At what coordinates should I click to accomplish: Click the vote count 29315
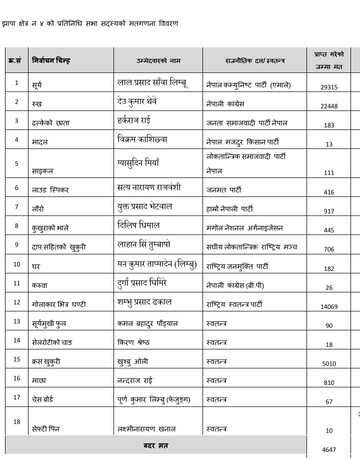[x=328, y=87]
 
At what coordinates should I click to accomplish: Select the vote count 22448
[x=328, y=106]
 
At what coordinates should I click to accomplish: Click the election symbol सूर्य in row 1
[x=36, y=85]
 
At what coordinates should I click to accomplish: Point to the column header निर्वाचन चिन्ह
[x=51, y=60]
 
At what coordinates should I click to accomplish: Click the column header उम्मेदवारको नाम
[x=158, y=60]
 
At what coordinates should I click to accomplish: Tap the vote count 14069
[x=328, y=307]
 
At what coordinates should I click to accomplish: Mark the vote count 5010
[x=328, y=364]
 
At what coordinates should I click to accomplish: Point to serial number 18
[x=16, y=421]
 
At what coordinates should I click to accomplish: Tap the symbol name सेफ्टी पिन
[x=45, y=429]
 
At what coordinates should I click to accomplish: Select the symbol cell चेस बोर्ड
[x=42, y=399]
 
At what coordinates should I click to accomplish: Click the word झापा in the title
[x=9, y=23]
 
